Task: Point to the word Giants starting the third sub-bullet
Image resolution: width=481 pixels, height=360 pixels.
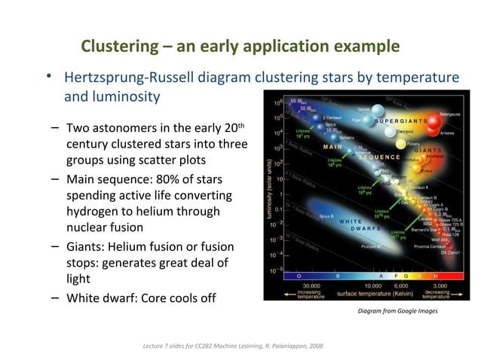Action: [87, 247]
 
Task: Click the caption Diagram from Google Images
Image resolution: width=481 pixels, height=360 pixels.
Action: [397, 310]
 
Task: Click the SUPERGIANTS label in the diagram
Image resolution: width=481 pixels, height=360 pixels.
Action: [403, 121]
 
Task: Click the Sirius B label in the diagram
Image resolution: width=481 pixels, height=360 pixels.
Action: [326, 215]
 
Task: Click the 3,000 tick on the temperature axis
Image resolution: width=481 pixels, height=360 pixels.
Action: [440, 285]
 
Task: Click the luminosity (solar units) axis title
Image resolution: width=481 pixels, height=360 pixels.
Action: [269, 185]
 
